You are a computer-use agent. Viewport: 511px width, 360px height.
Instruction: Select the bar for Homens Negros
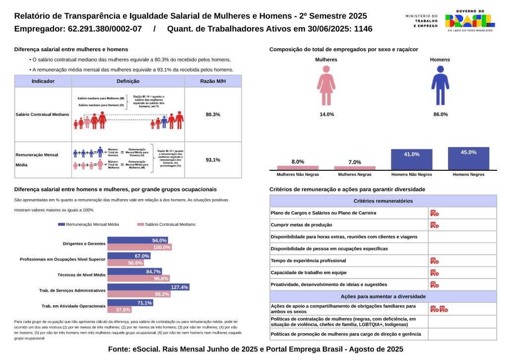click(468, 158)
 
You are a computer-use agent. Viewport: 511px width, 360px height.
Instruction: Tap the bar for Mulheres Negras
click(355, 168)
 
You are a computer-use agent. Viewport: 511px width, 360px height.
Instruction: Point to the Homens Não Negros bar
click(411, 159)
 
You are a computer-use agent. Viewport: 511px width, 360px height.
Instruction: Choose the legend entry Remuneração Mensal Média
click(88, 224)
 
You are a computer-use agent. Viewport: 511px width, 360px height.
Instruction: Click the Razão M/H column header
click(213, 81)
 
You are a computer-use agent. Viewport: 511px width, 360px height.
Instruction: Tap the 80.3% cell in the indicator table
click(213, 115)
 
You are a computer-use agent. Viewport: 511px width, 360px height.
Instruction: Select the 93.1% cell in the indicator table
click(213, 160)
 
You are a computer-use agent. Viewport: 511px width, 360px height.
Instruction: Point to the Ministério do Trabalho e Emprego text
click(422, 20)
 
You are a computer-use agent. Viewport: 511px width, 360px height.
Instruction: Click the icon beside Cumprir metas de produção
click(434, 225)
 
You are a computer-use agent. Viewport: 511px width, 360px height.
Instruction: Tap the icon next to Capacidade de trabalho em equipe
click(434, 273)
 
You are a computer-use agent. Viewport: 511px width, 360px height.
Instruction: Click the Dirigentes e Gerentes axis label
click(84, 244)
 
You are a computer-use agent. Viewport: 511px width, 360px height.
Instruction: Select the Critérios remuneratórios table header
click(383, 201)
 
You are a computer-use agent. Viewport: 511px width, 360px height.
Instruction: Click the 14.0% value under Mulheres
click(326, 114)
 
